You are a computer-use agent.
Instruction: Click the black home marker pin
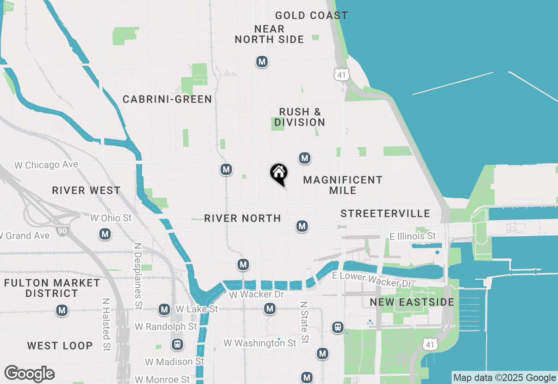(x=279, y=174)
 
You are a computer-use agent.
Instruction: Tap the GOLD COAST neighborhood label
(x=311, y=16)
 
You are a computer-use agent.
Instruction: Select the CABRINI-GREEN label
(x=167, y=99)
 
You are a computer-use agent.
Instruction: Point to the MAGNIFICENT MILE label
(x=343, y=185)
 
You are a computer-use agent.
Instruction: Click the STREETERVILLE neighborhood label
(x=385, y=213)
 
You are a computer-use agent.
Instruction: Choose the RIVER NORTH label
(x=242, y=218)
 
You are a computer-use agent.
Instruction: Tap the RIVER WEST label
(x=86, y=191)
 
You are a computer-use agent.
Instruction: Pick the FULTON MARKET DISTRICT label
(x=52, y=288)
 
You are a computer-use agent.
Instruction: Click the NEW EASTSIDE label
(x=412, y=302)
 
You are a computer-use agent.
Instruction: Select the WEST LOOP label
(x=60, y=346)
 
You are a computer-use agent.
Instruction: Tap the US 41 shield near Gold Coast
(x=342, y=75)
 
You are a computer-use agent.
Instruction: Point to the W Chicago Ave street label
(x=46, y=165)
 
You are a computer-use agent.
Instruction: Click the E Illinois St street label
(x=412, y=236)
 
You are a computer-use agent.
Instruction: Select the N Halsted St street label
(x=106, y=325)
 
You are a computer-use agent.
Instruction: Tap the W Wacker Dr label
(x=256, y=295)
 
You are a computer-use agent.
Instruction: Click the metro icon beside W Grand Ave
(x=105, y=234)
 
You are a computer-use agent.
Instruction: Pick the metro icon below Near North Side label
(x=262, y=62)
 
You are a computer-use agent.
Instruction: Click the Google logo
(x=29, y=374)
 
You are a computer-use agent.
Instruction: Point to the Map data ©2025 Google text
(x=504, y=378)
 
